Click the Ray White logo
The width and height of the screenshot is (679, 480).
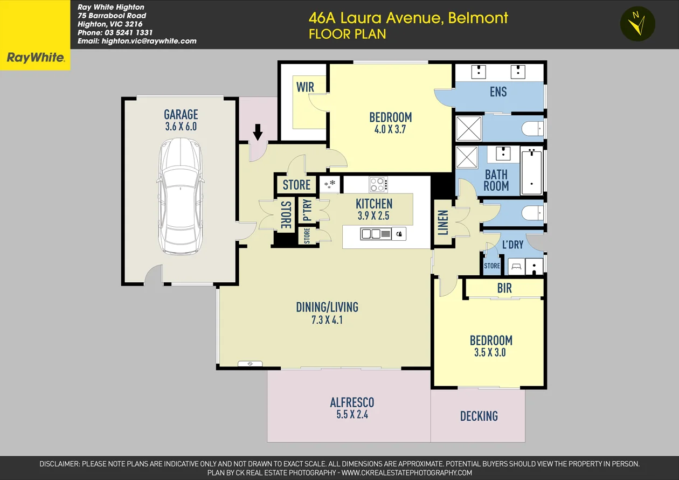coord(35,58)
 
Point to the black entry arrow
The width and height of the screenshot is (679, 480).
coord(258,131)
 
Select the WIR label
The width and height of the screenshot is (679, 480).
coord(305,87)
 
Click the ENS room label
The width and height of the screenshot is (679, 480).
coord(498,92)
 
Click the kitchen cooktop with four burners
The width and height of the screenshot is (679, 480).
coord(378,185)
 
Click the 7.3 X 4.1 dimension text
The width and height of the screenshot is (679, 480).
coord(327,320)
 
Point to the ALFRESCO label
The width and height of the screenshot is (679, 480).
coord(352,402)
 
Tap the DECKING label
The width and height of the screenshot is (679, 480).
coord(479,416)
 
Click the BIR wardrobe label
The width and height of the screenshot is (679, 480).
coord(504,289)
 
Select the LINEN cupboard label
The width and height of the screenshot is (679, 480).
coord(443,222)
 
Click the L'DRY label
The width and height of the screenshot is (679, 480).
coord(512,245)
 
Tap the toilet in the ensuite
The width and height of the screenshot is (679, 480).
coord(532,129)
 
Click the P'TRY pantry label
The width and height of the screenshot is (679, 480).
coord(307,211)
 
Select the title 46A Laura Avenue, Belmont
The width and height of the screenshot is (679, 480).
coord(408,18)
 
